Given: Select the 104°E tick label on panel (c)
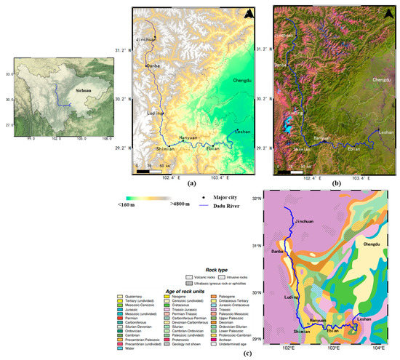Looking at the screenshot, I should coord(379,347).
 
